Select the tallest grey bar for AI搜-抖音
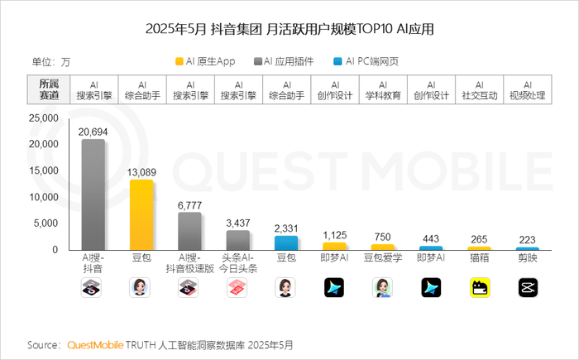[93, 194]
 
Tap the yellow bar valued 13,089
[141, 214]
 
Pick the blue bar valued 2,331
[286, 242]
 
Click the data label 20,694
[93, 132]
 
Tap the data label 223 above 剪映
[528, 240]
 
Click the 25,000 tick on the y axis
[41, 118]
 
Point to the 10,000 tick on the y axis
[41, 197]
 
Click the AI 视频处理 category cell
[527, 89]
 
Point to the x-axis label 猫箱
[479, 257]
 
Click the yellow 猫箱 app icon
[479, 287]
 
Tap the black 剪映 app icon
[527, 287]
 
